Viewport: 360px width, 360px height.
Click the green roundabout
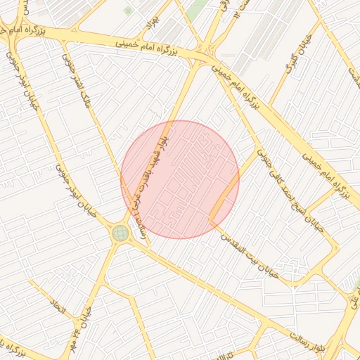[120, 233]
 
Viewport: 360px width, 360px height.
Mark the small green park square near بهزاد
[127, 11]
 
